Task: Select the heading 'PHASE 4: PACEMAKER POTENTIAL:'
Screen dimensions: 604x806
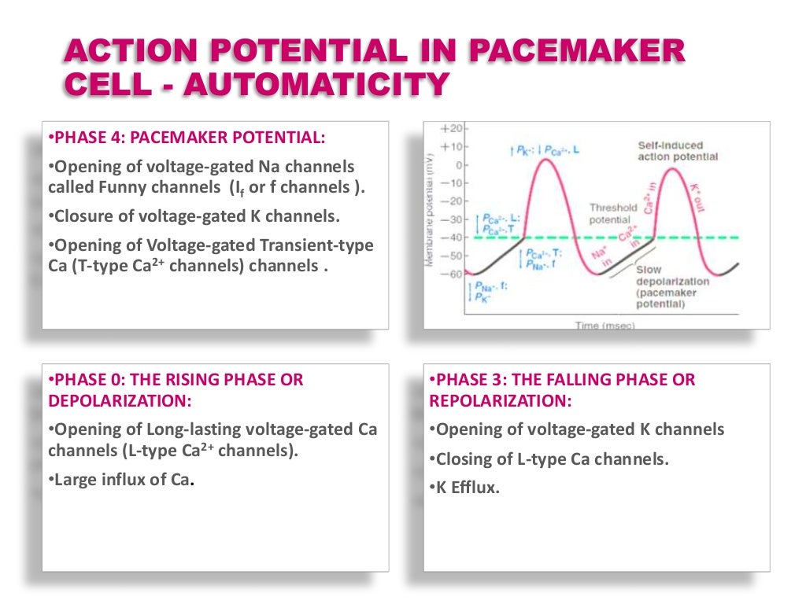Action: [x=186, y=138]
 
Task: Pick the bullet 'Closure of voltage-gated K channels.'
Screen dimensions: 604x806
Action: [x=187, y=216]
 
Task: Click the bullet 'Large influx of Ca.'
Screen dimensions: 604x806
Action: [x=121, y=480]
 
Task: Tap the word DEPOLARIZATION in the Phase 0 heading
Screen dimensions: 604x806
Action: [x=120, y=400]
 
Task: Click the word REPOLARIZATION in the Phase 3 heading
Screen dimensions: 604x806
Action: [x=500, y=400]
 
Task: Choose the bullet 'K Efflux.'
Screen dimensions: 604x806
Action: [x=465, y=488]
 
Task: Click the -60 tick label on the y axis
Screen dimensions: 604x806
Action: [x=455, y=274]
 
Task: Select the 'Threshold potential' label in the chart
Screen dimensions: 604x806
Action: [x=612, y=213]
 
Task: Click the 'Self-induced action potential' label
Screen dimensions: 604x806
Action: [x=678, y=151]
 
